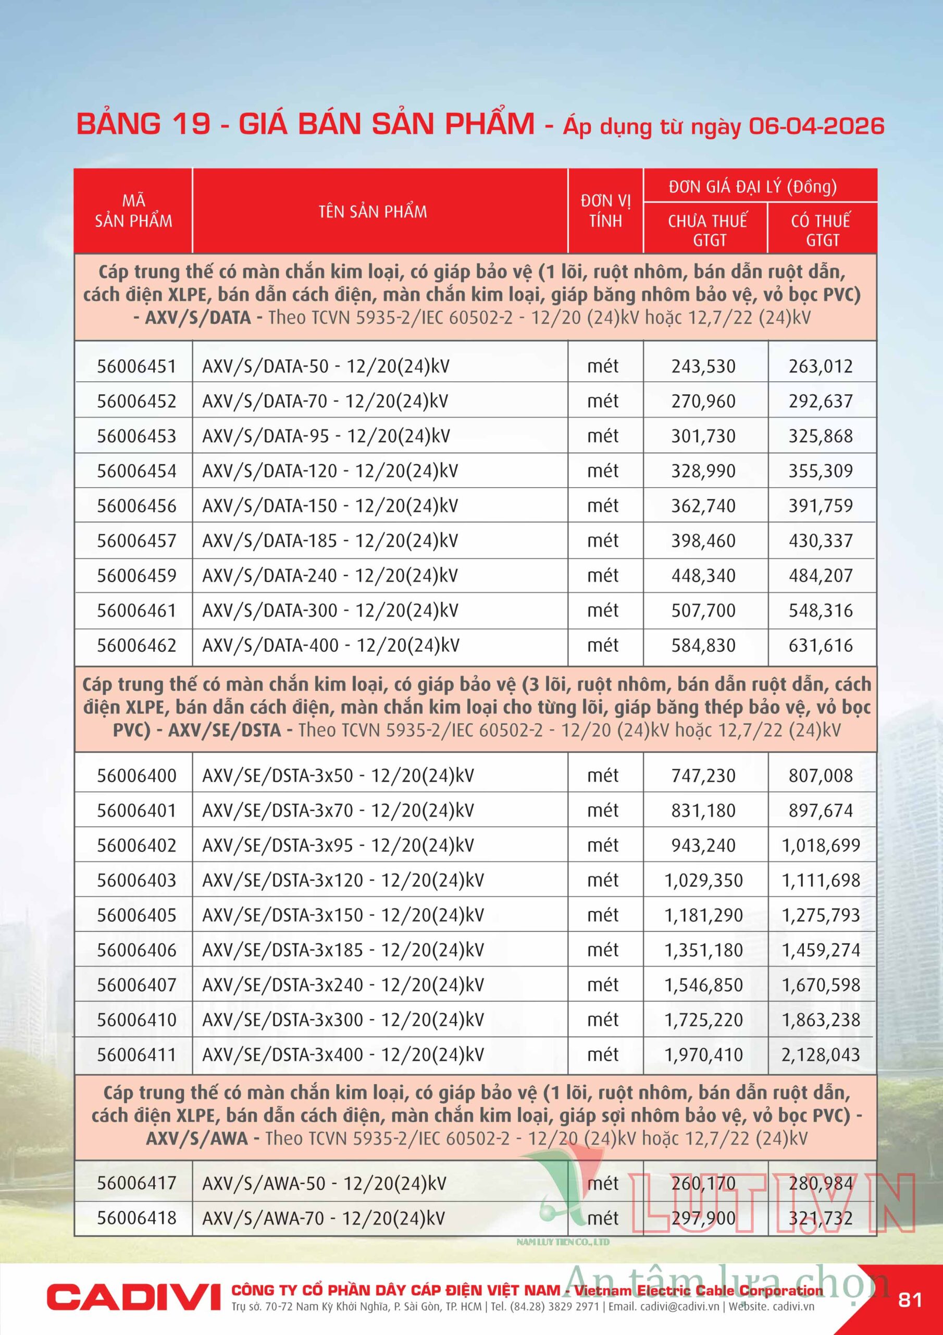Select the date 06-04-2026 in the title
point(816,126)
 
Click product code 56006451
point(136,366)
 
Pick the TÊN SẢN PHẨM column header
point(373,212)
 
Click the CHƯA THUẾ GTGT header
point(707,230)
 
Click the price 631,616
point(821,646)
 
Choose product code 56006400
point(136,775)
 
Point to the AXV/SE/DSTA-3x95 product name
point(338,845)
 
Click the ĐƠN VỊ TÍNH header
point(605,211)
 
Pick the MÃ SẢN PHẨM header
point(134,211)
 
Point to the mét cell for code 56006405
point(603,915)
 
